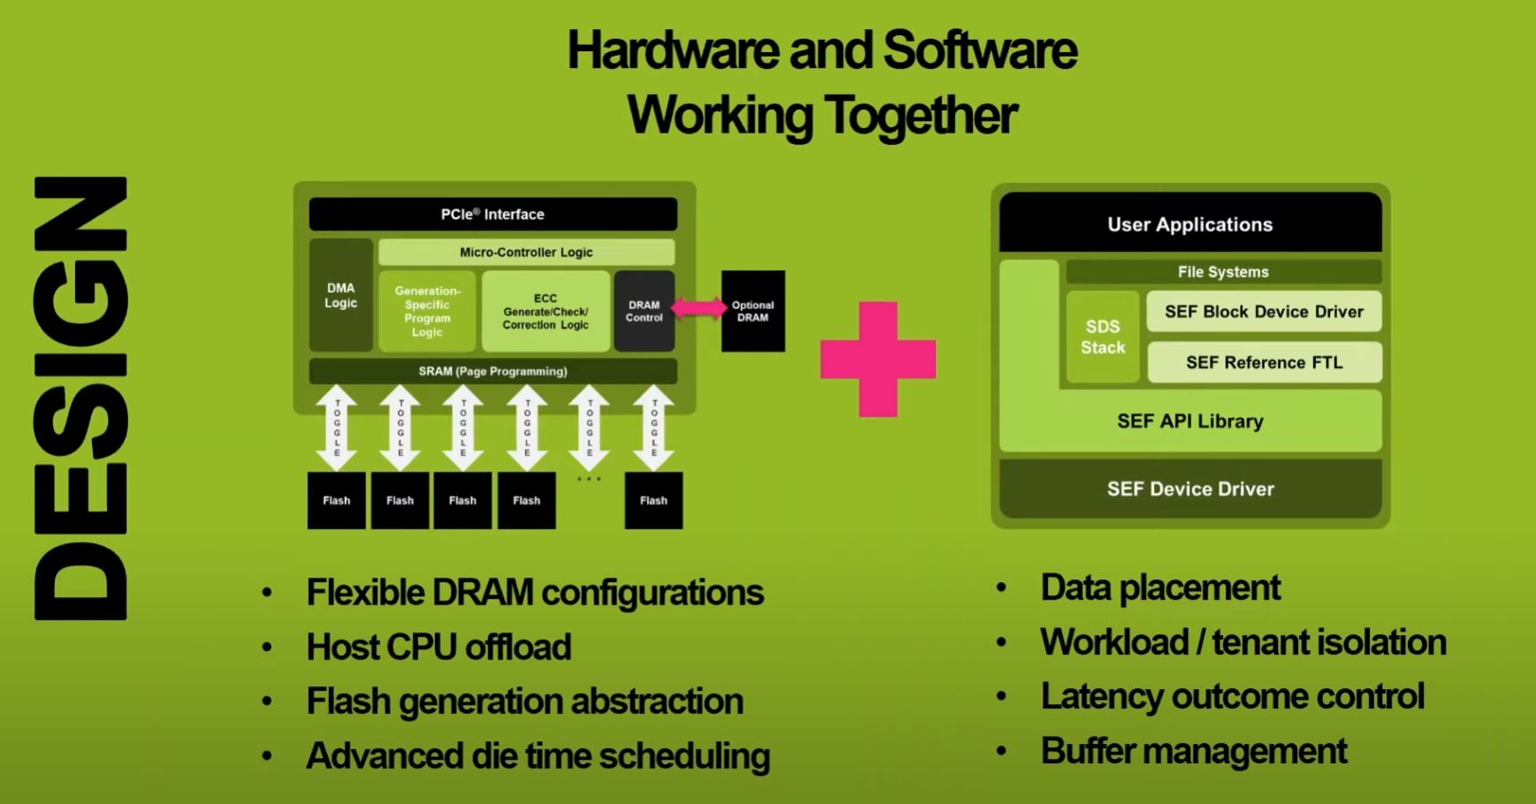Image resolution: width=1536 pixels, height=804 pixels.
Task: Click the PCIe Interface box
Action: click(x=493, y=214)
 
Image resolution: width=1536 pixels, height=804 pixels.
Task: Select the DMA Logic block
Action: click(x=340, y=295)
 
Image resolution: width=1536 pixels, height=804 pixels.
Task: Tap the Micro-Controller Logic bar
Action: click(x=526, y=252)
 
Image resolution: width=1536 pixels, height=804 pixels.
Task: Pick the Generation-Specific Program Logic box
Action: click(x=427, y=311)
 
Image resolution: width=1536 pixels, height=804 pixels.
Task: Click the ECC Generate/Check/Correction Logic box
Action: click(x=546, y=311)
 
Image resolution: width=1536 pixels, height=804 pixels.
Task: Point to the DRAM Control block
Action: click(x=644, y=311)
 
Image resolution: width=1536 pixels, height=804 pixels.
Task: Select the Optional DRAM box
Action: click(x=753, y=311)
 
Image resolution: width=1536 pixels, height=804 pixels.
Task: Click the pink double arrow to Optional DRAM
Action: click(x=699, y=308)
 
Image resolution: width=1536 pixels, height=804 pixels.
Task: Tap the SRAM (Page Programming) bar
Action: click(x=493, y=371)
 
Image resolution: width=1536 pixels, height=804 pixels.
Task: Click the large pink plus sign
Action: click(x=878, y=358)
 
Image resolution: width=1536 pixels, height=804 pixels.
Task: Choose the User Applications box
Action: click(x=1189, y=225)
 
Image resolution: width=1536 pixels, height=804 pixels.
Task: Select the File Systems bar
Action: click(x=1223, y=272)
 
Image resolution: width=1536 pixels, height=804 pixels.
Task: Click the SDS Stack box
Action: click(x=1103, y=337)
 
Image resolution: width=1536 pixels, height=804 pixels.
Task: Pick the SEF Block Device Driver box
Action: click(x=1264, y=311)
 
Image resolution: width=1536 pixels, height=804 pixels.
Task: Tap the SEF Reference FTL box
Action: click(x=1264, y=363)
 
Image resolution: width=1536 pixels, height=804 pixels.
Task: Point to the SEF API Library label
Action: click(x=1189, y=421)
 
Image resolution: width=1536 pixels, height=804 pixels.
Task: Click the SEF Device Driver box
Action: click(x=1189, y=489)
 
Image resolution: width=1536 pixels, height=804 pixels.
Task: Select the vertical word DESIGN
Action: click(x=80, y=398)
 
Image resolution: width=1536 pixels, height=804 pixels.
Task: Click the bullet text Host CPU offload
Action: click(x=439, y=647)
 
